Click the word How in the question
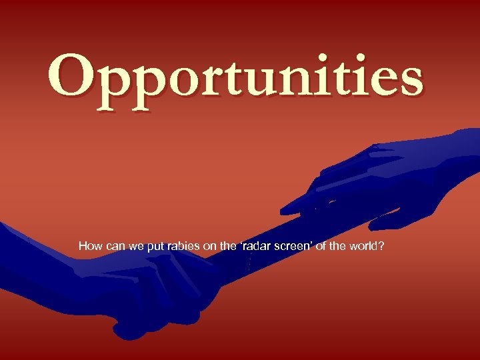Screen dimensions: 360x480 pos(89,246)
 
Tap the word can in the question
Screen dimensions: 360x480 pos(114,246)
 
